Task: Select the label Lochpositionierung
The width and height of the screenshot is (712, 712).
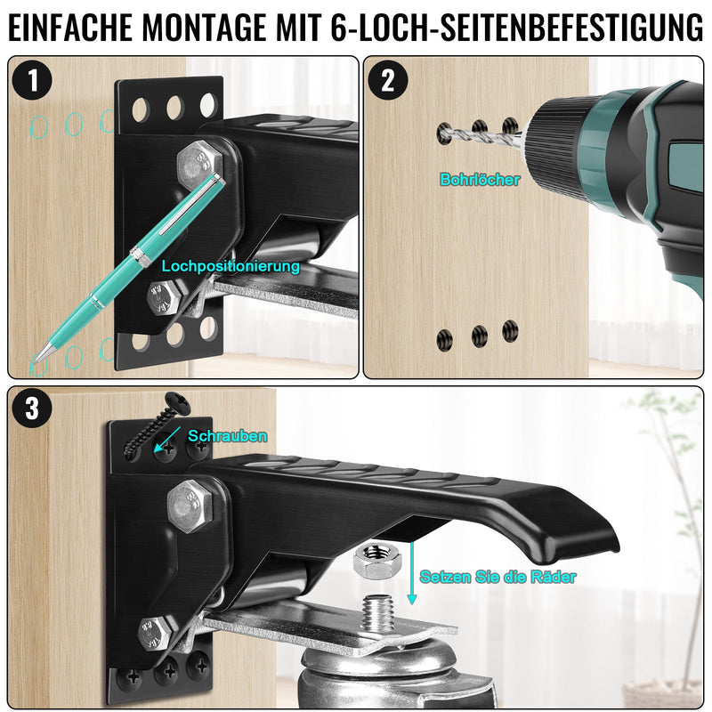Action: pyautogui.click(x=231, y=265)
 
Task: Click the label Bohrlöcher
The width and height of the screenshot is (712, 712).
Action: pyautogui.click(x=480, y=179)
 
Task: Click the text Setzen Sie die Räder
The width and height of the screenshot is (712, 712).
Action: pyautogui.click(x=498, y=577)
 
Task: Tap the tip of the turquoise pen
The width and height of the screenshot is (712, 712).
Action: pyautogui.click(x=36, y=366)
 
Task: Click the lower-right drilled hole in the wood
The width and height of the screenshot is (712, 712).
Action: pyautogui.click(x=510, y=331)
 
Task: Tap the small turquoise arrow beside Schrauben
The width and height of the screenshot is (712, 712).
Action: pyautogui.click(x=165, y=443)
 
